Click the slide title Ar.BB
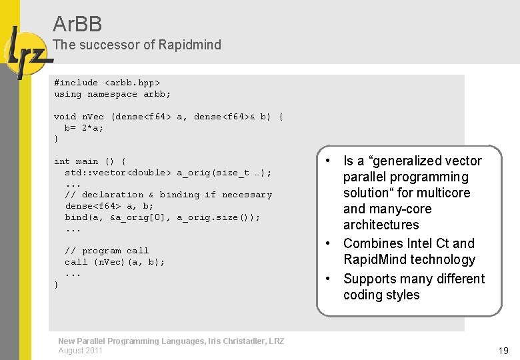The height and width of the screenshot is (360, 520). pos(77,25)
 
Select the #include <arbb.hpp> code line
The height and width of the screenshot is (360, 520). pos(107,83)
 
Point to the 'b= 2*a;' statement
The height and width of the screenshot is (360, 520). pos(84,128)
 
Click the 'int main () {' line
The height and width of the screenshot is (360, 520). pos(90,161)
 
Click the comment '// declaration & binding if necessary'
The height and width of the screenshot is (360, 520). pos(168,195)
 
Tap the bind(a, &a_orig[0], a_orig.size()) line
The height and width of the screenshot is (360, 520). pos(163,217)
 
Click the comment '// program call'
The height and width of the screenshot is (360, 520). pos(107,251)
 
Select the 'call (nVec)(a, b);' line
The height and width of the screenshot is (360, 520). pos(115,262)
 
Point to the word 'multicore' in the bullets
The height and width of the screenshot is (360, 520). pos(443,193)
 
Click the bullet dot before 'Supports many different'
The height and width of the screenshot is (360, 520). pos(329,279)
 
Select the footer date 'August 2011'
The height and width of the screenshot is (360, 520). pos(80,351)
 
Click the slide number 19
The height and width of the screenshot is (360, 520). pos(503,351)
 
